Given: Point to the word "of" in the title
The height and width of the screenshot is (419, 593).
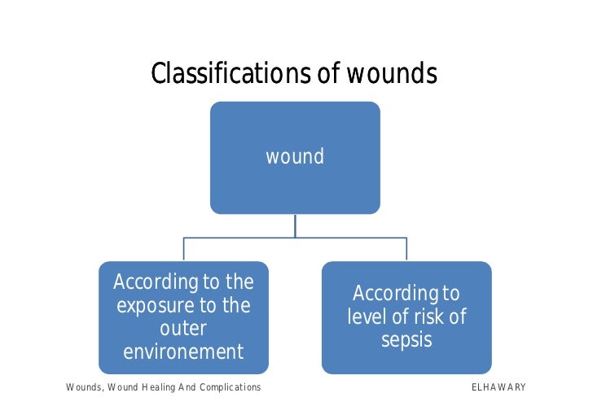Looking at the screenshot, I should pos(327,75).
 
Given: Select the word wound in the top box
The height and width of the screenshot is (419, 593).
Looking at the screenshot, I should pos(295,156).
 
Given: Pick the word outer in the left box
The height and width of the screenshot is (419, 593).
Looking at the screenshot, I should pos(183,330).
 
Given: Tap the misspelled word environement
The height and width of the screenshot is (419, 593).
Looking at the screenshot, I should pos(183,352).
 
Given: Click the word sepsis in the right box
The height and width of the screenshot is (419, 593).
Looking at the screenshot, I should pos(406,339).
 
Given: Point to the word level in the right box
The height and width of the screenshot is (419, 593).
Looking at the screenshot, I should pos(367,316).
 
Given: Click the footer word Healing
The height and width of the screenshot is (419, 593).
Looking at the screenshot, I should pos(165,387).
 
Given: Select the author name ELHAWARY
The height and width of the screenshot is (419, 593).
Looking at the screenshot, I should pos(499,387).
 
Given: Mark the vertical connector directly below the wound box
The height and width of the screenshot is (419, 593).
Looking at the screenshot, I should pos(295,225).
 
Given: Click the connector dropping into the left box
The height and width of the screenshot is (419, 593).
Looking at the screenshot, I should pos(183,249).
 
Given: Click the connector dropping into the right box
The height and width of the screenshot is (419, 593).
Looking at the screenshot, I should pos(406,249).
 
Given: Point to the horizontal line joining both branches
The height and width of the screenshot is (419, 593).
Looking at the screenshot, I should pos(244,238).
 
